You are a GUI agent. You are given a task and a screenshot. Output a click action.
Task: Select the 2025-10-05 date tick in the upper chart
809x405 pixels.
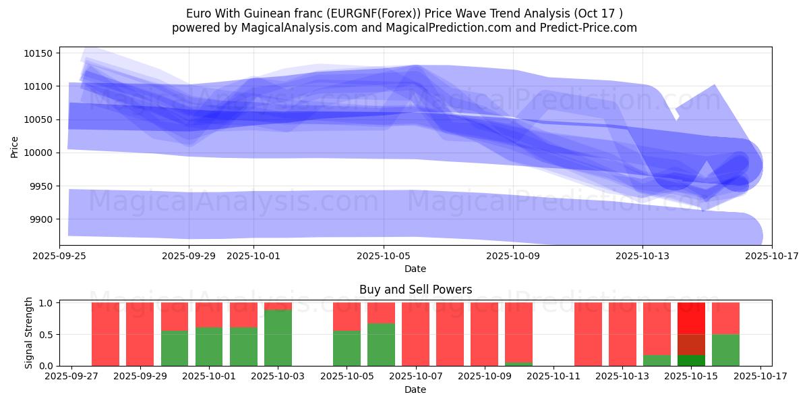tap(384, 256)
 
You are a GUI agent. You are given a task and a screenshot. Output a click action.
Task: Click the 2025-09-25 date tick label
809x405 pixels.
tap(59, 256)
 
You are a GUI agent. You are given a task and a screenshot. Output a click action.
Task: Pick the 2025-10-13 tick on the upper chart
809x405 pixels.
tap(642, 256)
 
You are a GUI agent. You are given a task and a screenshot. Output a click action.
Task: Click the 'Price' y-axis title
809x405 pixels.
tap(15, 146)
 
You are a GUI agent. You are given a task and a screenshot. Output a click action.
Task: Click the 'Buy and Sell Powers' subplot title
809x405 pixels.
tap(415, 290)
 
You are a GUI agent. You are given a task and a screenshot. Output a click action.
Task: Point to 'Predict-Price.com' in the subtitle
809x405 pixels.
tap(591, 28)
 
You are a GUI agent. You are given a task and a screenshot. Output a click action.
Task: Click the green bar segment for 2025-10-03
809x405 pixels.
tap(278, 337)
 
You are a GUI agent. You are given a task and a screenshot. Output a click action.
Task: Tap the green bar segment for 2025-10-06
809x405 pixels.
tap(381, 344)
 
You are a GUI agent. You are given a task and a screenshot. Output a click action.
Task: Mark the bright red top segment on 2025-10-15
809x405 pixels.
tap(691, 318)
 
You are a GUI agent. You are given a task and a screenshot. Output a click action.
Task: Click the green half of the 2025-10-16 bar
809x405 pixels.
tap(725, 350)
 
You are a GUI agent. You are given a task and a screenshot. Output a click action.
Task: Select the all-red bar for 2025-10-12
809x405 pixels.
tap(588, 334)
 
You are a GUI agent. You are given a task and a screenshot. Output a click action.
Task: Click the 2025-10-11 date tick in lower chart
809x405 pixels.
tap(553, 377)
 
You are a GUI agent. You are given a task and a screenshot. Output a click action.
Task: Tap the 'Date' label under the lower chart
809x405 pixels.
tap(415, 389)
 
